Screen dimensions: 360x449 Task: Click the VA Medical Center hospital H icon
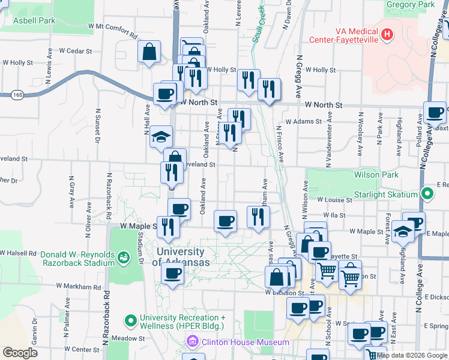[x=387, y=34]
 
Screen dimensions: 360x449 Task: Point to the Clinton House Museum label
[x=246, y=342]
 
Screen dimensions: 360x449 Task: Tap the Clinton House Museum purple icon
[x=192, y=342]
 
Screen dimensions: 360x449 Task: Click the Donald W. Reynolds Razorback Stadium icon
[x=124, y=258]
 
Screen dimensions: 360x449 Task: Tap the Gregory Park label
[x=411, y=5]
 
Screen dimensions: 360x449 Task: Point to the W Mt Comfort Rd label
[x=112, y=26]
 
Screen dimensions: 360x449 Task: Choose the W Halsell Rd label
[x=18, y=253]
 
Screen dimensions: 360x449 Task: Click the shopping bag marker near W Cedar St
[x=149, y=52]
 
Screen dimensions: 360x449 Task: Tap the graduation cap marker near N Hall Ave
[x=161, y=136]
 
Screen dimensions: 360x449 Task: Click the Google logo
[x=20, y=353]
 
